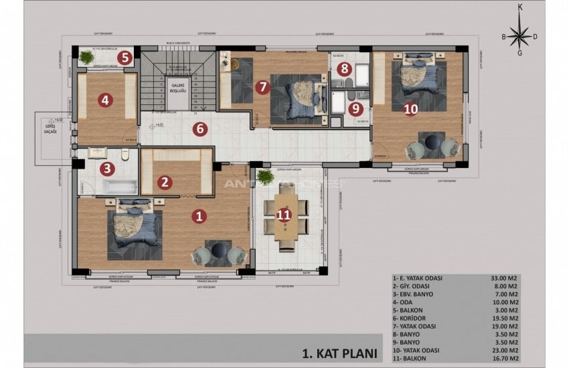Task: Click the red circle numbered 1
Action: [x=198, y=215]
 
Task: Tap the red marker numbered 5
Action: [x=124, y=58]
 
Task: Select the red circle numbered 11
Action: [x=284, y=215]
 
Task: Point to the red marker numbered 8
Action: [x=343, y=68]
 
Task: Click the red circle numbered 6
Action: [x=199, y=129]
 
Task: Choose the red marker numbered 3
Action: [x=106, y=169]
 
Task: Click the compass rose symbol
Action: [x=519, y=35]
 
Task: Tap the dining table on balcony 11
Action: [x=286, y=215]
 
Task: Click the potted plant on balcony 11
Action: [x=264, y=177]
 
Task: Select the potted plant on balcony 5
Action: [x=86, y=58]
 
